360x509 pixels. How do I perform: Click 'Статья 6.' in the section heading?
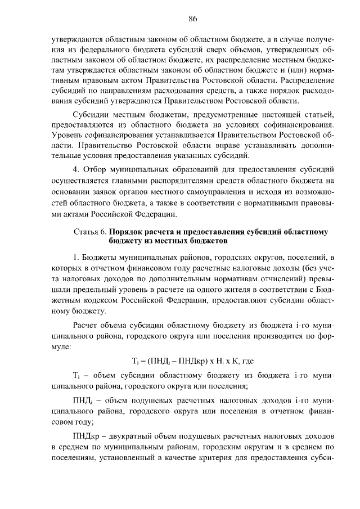(x=90, y=232)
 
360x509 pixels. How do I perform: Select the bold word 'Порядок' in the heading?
(x=127, y=232)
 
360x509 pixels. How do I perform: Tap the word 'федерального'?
(x=100, y=52)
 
